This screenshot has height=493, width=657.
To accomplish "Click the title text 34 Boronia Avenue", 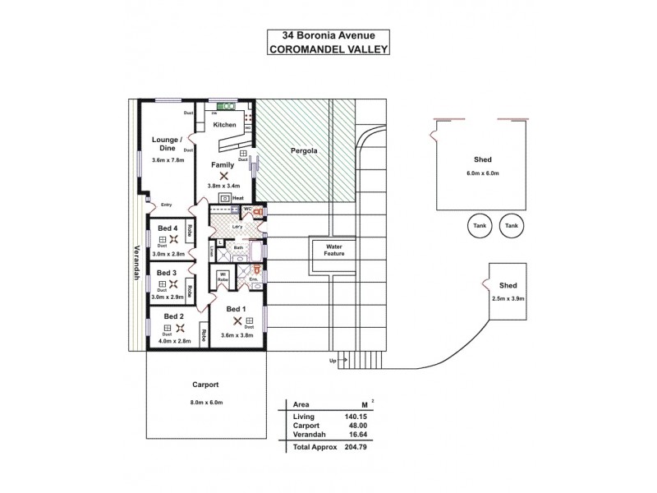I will (x=328, y=35).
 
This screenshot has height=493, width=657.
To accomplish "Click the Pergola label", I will (x=305, y=151).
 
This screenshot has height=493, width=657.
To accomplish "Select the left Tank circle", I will (x=480, y=225).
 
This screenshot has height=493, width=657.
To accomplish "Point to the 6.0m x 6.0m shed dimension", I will (x=482, y=173).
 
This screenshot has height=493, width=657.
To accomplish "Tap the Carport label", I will (x=204, y=385).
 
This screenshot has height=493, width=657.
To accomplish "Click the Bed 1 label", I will (x=237, y=309).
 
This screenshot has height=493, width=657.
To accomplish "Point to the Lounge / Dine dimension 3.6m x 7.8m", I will (x=169, y=160).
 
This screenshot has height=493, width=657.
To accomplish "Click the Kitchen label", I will (x=224, y=125).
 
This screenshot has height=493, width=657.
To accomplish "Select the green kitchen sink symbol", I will (x=226, y=106).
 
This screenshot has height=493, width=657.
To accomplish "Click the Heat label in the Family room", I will (x=238, y=198).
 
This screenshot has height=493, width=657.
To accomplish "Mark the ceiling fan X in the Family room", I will (x=223, y=175).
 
